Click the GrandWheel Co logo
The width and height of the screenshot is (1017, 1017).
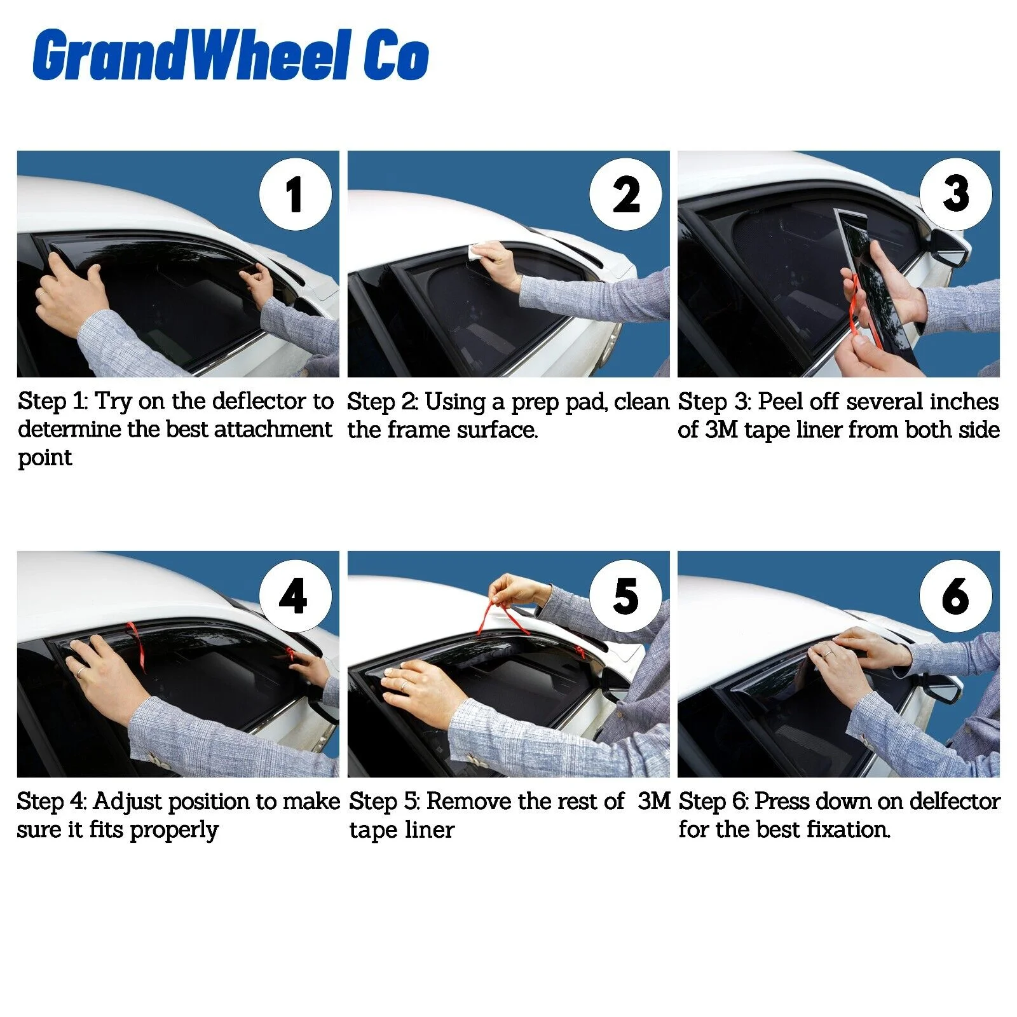[x=231, y=55]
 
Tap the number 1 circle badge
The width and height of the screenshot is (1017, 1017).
[x=296, y=195]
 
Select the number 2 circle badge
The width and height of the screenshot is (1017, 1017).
[x=625, y=195]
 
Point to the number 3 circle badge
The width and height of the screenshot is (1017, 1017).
[x=956, y=195]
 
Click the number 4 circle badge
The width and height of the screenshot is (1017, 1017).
[x=296, y=596]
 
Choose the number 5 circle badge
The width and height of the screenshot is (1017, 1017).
[x=625, y=596]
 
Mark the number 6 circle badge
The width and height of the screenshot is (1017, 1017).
[x=956, y=596]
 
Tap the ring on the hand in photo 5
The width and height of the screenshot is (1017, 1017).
[x=403, y=686]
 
